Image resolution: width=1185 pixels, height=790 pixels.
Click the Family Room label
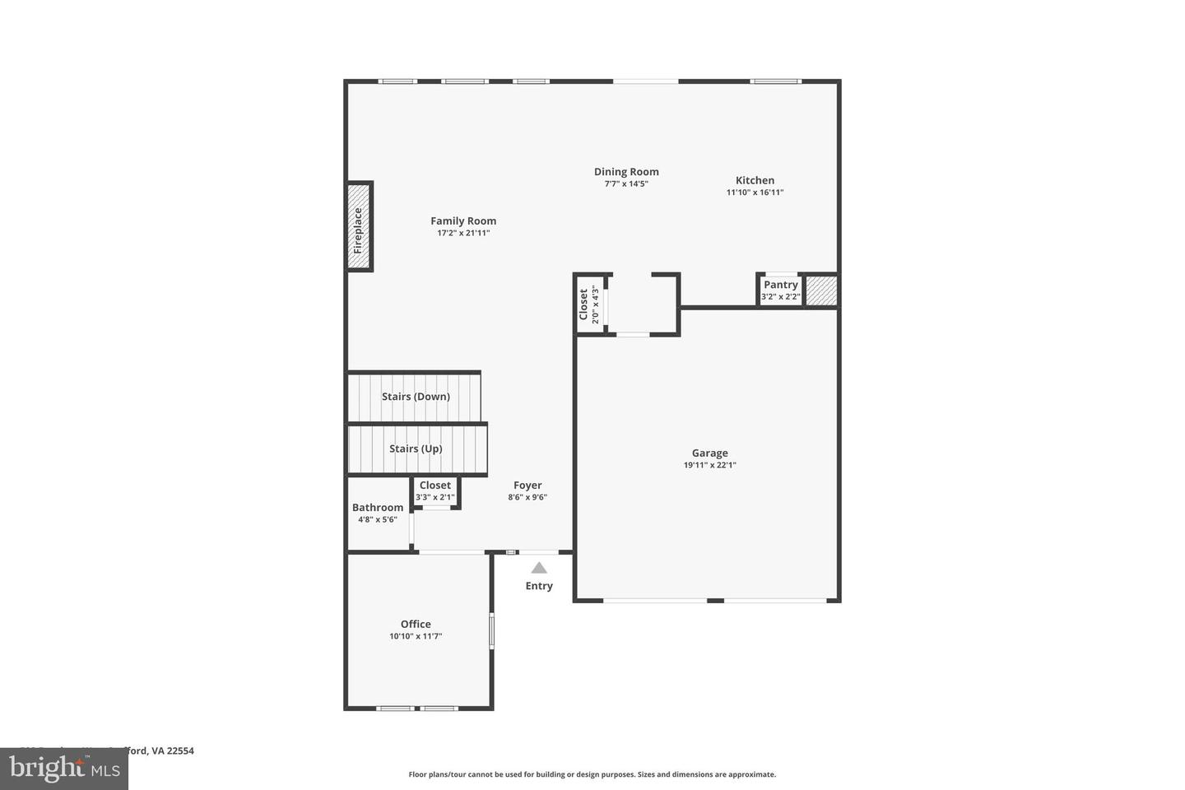pyautogui.click(x=463, y=221)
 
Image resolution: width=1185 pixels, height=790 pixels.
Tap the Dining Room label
pyautogui.click(x=626, y=172)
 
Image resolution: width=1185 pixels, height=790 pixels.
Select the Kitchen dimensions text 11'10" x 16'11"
pyautogui.click(x=755, y=193)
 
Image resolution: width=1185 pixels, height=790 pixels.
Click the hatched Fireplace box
pyautogui.click(x=359, y=226)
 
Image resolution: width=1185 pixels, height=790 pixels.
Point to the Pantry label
pyautogui.click(x=780, y=285)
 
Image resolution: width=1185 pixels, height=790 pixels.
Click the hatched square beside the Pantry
pyautogui.click(x=821, y=290)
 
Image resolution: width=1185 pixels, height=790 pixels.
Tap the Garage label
pyautogui.click(x=709, y=453)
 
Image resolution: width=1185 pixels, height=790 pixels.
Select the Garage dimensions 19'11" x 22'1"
pyautogui.click(x=709, y=465)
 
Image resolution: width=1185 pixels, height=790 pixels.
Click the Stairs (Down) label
pyautogui.click(x=416, y=397)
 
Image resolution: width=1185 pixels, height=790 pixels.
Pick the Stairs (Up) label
pyautogui.click(x=416, y=448)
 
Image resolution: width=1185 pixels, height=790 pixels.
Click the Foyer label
pyautogui.click(x=527, y=486)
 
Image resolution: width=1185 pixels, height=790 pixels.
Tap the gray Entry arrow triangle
pyautogui.click(x=539, y=568)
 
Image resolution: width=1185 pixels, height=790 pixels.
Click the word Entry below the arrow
pyautogui.click(x=539, y=586)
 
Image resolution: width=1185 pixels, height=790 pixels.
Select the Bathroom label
pyautogui.click(x=378, y=508)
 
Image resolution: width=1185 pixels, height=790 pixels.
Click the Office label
pyautogui.click(x=416, y=624)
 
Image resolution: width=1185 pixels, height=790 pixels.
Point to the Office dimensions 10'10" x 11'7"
pyautogui.click(x=416, y=636)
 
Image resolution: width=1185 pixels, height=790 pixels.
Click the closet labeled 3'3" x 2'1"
pyautogui.click(x=435, y=491)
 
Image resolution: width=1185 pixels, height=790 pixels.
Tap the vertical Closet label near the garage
pyautogui.click(x=583, y=304)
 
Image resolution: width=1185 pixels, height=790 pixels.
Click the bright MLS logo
pyautogui.click(x=63, y=769)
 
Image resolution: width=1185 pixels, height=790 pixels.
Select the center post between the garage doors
pyautogui.click(x=715, y=601)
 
